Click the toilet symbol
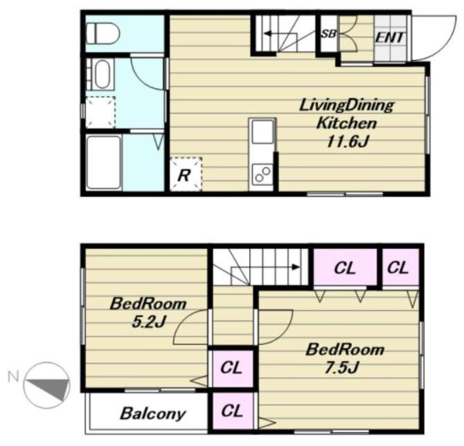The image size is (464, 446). (102, 33)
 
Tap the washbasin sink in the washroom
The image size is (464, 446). (102, 73)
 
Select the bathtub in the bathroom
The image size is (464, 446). (104, 162)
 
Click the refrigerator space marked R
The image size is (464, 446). (186, 174)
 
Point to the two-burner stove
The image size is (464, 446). (262, 174)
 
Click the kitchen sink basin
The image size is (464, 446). (262, 131)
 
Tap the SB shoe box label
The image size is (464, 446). (329, 34)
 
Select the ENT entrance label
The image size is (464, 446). (390, 38)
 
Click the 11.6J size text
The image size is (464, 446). (347, 141)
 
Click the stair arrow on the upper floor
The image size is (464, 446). (264, 267)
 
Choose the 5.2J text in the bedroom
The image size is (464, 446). (148, 322)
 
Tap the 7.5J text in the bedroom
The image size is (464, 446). (342, 368)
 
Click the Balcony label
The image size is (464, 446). (152, 414)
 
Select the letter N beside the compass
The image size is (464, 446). (13, 376)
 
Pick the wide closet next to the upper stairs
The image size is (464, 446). (346, 267)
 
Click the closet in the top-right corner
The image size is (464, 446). (401, 267)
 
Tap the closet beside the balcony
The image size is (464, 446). (233, 410)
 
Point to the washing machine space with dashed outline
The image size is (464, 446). (101, 112)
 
